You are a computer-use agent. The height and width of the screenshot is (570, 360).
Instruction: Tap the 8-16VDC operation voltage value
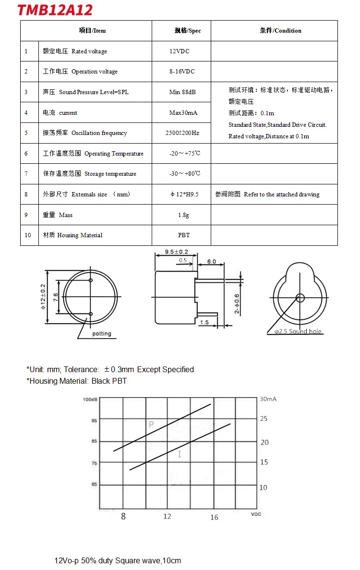pyautogui.click(x=182, y=72)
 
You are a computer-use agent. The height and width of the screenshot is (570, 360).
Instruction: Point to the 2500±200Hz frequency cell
pyautogui.click(x=182, y=133)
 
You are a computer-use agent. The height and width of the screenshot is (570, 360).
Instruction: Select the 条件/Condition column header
pyautogui.click(x=281, y=31)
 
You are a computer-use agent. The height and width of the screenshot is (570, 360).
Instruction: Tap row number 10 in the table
pyautogui.click(x=28, y=235)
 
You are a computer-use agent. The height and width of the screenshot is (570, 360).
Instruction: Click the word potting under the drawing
pyautogui.click(x=102, y=334)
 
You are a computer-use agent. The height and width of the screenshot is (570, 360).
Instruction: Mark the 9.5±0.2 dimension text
pyautogui.click(x=177, y=252)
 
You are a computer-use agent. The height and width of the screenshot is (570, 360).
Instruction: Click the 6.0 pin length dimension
pyautogui.click(x=211, y=262)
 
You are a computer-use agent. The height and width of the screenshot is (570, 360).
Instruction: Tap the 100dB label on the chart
pyautogui.click(x=90, y=400)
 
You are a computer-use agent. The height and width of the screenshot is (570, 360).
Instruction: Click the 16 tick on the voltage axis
pyautogui.click(x=214, y=517)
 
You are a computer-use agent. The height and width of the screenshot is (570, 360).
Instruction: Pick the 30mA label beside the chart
pyautogui.click(x=268, y=399)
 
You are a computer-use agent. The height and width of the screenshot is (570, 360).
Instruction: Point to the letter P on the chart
pyautogui.click(x=151, y=424)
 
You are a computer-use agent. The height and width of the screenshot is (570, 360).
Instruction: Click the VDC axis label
pyautogui.click(x=256, y=514)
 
